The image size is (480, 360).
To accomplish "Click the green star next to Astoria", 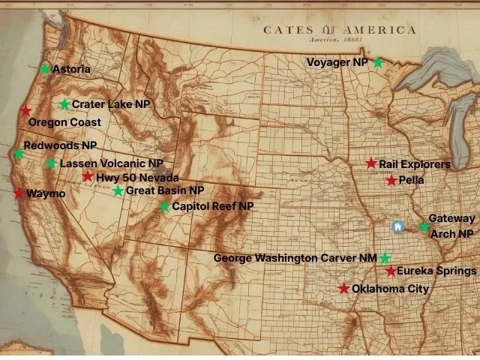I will (45, 69).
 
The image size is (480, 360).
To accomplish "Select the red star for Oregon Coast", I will (26, 110).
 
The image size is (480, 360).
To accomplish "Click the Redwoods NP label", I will (60, 145).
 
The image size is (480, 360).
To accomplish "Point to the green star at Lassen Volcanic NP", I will (51, 163).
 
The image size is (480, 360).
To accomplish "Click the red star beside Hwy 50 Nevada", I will (88, 177).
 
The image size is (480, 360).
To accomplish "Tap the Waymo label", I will (46, 193).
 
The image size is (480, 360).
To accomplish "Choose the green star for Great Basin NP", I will (118, 191).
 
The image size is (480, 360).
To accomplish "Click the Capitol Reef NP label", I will (213, 206).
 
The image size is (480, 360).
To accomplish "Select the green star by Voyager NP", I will (378, 63).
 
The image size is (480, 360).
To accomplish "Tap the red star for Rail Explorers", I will (371, 163).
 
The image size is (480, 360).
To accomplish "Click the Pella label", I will (412, 181).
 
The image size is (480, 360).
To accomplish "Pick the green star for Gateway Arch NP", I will (424, 226).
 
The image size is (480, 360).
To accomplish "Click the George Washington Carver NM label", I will (295, 258).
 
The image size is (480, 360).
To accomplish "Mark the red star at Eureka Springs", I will (391, 271).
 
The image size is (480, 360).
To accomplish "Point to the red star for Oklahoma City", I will (343, 289).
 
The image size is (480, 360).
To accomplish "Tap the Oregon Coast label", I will (64, 122).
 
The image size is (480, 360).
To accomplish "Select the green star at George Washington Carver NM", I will (385, 258).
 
